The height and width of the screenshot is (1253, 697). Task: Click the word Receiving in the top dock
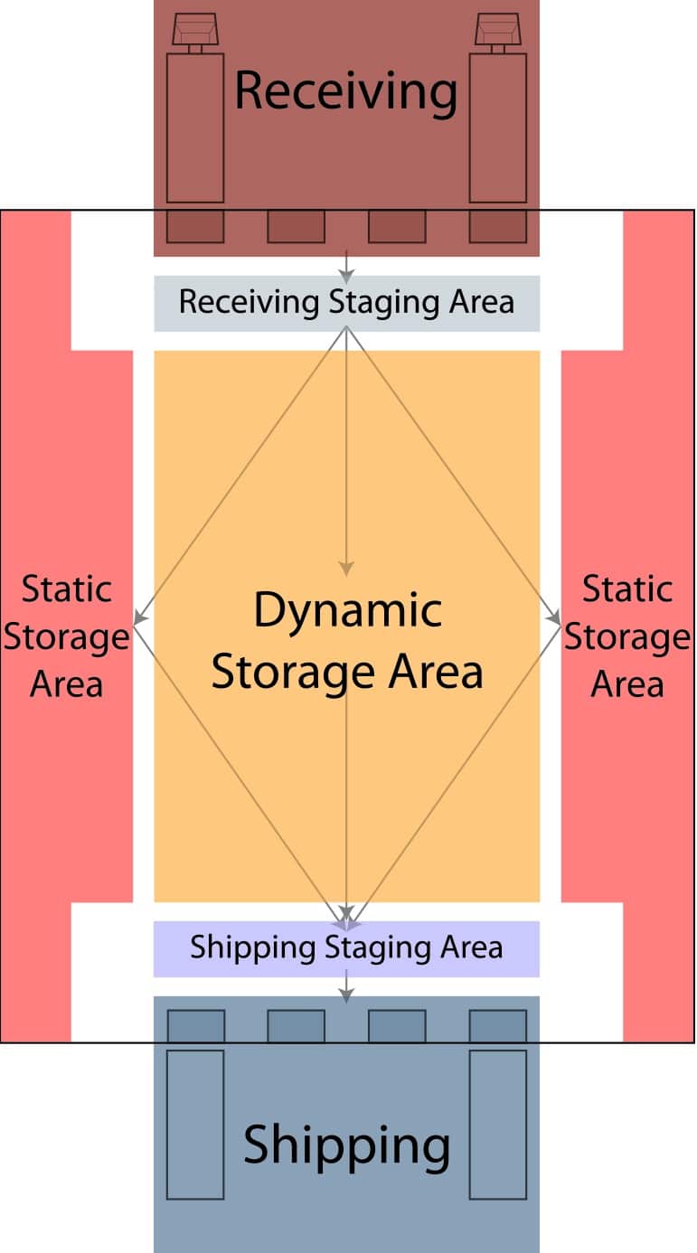coord(345,92)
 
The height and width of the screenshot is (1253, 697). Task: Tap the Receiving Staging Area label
coord(346,303)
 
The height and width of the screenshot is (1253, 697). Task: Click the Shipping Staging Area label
coord(346,948)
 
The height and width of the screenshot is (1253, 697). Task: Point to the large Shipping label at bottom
coord(347,1146)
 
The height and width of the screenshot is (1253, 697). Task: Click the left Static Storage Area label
coord(67,636)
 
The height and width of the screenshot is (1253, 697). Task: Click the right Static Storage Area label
coord(627,636)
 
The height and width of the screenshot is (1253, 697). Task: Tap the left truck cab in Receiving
coord(195,30)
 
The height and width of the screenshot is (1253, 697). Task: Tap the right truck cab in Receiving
coord(498,30)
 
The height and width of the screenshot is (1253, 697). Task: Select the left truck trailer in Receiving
coord(195,128)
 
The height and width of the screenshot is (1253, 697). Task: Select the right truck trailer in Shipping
coord(498,1125)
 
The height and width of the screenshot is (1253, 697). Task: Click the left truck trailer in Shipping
coord(195,1125)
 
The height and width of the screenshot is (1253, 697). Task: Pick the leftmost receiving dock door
coord(195,227)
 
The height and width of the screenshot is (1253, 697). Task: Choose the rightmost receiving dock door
coord(498,227)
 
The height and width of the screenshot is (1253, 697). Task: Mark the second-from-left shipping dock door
coord(296,1026)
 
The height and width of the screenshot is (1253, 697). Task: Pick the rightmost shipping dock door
coord(498,1026)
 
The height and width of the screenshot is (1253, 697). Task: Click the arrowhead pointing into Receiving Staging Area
coord(346,277)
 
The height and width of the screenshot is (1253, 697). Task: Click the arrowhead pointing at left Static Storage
coord(140,618)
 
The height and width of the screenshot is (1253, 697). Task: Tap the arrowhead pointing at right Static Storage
coord(554,618)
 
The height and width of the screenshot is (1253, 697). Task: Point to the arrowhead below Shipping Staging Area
coord(346,995)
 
